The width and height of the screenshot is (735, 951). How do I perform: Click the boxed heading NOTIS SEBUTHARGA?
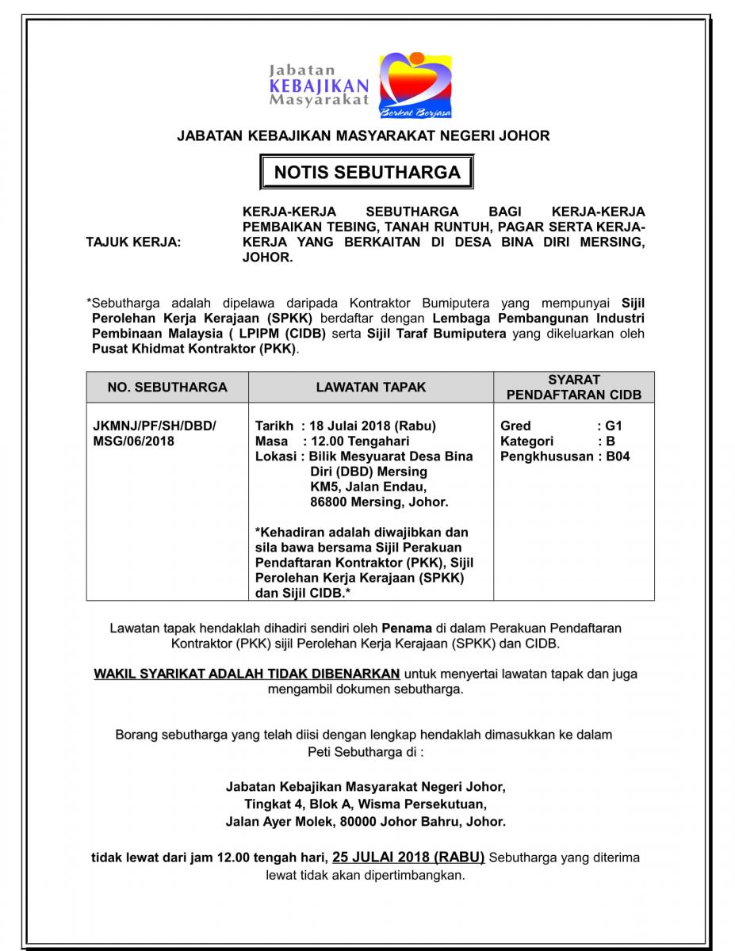[x=367, y=172]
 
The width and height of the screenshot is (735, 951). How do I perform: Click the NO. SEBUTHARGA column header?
[x=167, y=387]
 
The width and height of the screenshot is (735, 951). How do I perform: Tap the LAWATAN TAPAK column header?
[x=371, y=387]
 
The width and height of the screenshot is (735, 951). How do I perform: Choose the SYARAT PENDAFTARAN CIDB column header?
[x=574, y=387]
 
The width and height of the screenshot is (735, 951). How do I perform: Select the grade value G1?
[x=614, y=426]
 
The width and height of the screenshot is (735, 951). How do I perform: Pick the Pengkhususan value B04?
[x=618, y=456]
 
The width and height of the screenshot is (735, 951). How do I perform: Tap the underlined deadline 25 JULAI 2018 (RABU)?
[x=408, y=857]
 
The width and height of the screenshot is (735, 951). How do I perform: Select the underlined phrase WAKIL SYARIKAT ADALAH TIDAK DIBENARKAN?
[x=247, y=674]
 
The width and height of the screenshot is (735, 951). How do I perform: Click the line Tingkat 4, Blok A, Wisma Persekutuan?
[x=366, y=804]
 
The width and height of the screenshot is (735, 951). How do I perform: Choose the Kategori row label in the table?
[x=527, y=441]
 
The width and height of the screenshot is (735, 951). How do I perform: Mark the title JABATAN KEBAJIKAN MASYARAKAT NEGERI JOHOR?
[x=363, y=136]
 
